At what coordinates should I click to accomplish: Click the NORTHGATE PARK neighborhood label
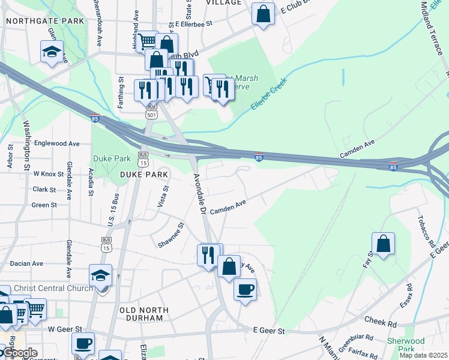point(44,21)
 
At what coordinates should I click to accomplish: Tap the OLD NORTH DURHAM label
point(145,314)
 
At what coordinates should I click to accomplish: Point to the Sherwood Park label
point(418,344)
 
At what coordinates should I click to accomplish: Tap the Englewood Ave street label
point(57,143)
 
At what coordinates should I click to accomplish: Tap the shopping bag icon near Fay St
point(383,244)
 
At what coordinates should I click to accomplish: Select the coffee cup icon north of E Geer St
point(245,290)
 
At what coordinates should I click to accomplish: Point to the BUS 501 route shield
point(151,109)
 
